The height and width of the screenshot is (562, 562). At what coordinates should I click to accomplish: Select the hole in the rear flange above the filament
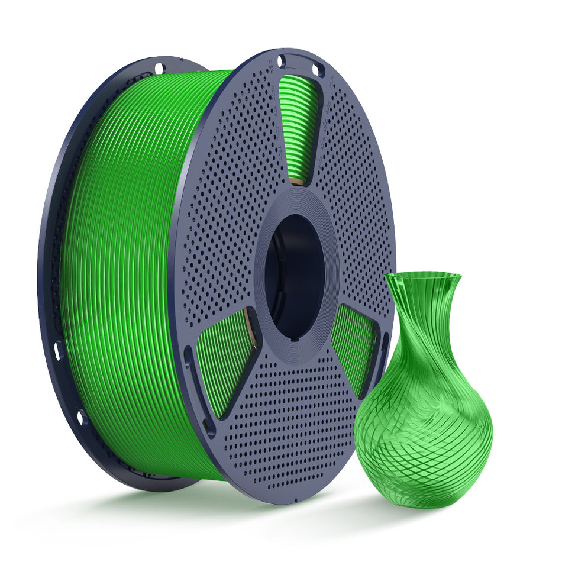[x=159, y=67]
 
